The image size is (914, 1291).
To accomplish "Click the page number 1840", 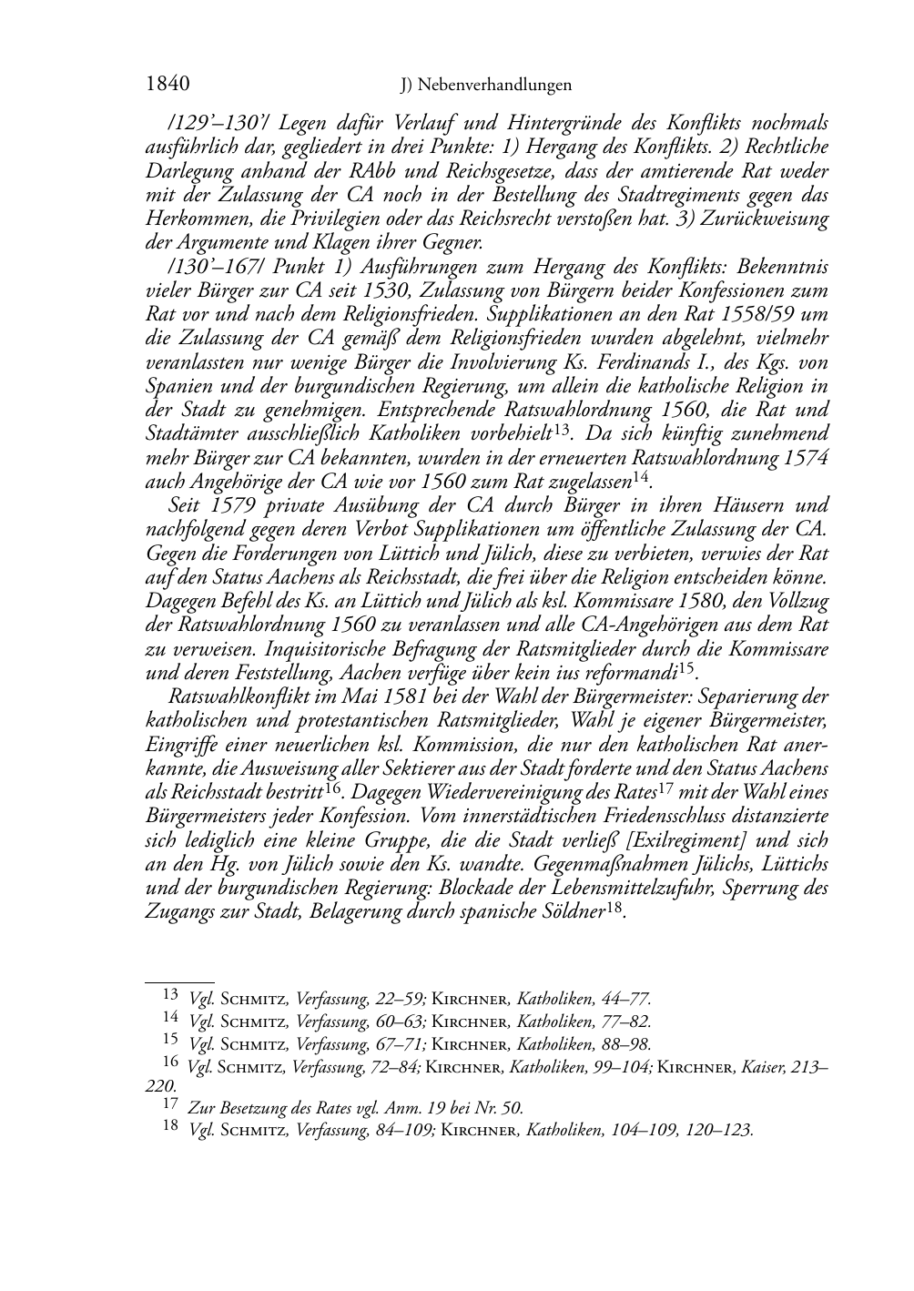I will [167, 85].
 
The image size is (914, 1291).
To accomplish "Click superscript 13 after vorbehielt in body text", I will [562, 428].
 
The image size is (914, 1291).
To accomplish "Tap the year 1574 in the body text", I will [804, 457].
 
